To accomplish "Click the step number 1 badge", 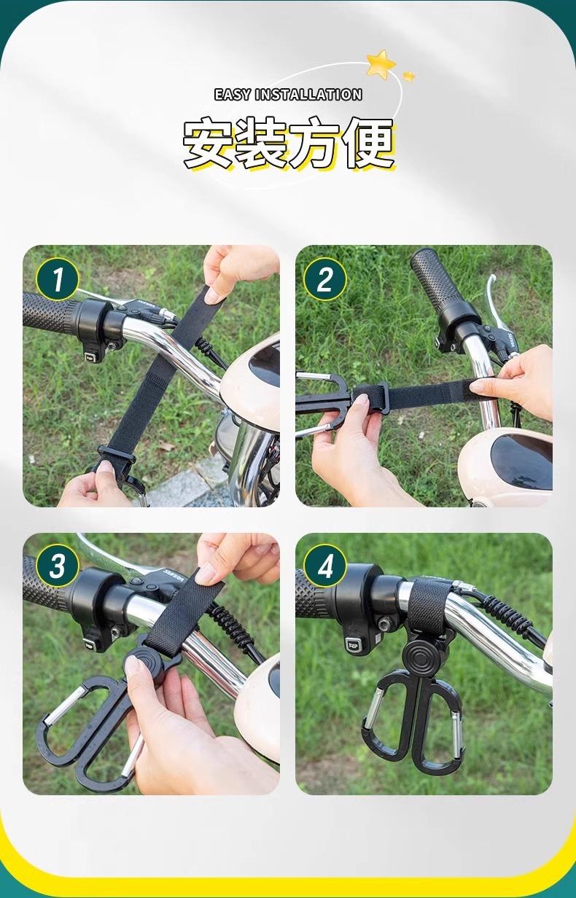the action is click(x=57, y=279).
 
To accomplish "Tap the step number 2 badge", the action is click(x=325, y=279).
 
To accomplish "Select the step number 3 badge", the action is click(x=57, y=566).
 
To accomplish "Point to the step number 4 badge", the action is click(x=325, y=566).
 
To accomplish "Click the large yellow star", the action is click(x=381, y=63).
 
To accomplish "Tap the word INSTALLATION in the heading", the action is click(x=309, y=95).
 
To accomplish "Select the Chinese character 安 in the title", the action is click(x=209, y=143).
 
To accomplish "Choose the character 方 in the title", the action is click(x=314, y=143).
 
